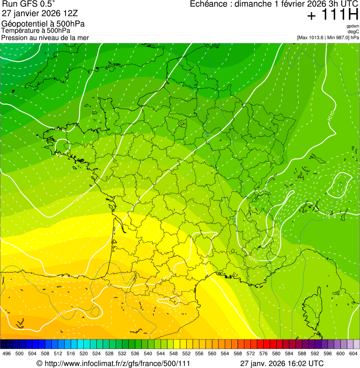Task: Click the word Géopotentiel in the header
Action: pos(24,24)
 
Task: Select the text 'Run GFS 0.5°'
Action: pos(28,5)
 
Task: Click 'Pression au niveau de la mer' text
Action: pos(45,37)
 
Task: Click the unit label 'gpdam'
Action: pos(353,26)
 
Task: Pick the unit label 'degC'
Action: pos(354,31)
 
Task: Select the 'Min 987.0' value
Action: pos(337,37)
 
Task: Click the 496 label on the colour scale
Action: pos(7,353)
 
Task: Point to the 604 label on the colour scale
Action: pos(353,353)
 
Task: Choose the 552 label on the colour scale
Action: pos(186,353)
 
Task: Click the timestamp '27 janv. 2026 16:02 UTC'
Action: pos(282,363)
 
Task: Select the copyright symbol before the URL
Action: pos(39,363)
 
